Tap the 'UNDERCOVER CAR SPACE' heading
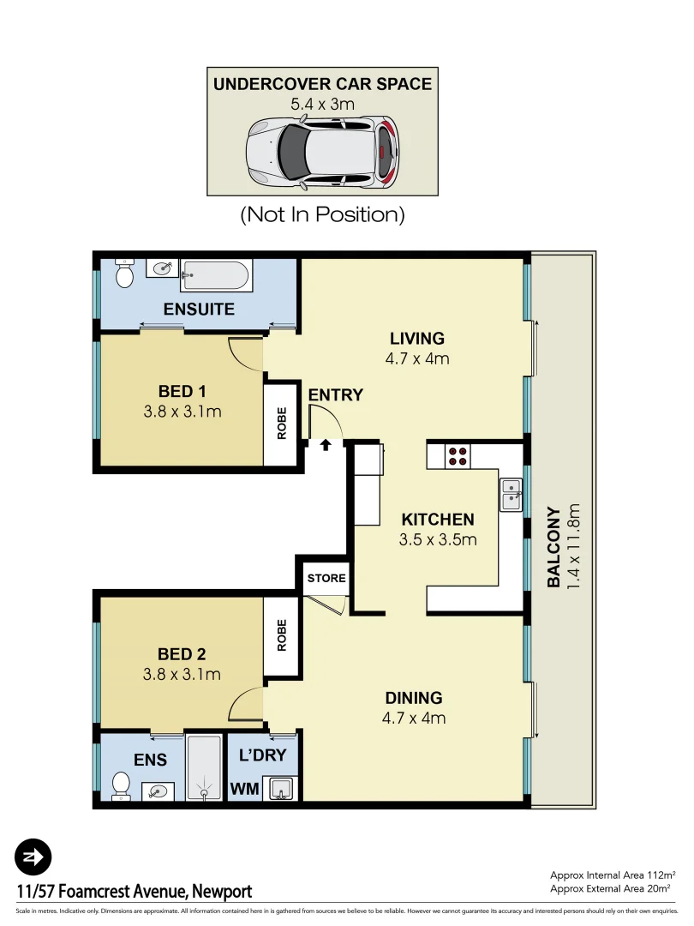pos(322,84)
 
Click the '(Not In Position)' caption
pos(322,214)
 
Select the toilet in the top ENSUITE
pos(124,274)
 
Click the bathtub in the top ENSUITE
pos(216,276)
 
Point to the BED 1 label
pos(176,392)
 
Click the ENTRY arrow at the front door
pos(326,444)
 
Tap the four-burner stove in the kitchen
pos(458,456)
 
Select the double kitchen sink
pos(512,494)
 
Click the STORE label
pos(326,578)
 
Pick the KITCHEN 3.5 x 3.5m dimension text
pos(437,540)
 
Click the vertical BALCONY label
pos(553,547)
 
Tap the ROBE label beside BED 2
pos(282,635)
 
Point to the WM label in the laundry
pos(245,788)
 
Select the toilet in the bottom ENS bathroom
pos(122,785)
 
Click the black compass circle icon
pos(33,857)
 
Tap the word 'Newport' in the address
pos(222,892)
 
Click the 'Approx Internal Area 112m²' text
pos(612,875)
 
